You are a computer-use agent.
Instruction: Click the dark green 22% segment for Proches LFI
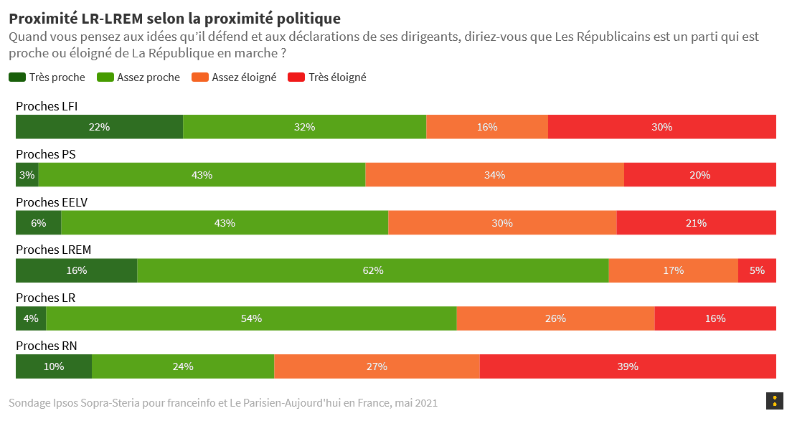pyautogui.click(x=99, y=127)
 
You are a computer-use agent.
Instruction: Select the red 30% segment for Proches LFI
pyautogui.click(x=661, y=127)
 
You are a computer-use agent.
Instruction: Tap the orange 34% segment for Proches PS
pyautogui.click(x=494, y=175)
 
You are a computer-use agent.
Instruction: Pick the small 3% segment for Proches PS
pyautogui.click(x=27, y=175)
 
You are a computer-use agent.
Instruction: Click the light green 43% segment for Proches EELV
pyautogui.click(x=225, y=223)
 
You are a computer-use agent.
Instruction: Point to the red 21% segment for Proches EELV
pyautogui.click(x=696, y=223)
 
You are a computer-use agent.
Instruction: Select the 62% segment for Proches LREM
pyautogui.click(x=373, y=270)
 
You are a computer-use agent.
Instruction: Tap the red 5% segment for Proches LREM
pyautogui.click(x=757, y=270)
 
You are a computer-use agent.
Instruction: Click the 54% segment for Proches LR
pyautogui.click(x=251, y=318)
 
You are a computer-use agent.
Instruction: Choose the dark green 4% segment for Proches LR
pyautogui.click(x=31, y=318)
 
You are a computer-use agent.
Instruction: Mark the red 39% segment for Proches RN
pyautogui.click(x=628, y=366)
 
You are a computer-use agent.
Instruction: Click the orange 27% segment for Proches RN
pyautogui.click(x=377, y=366)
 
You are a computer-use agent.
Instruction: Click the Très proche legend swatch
pyautogui.click(x=17, y=77)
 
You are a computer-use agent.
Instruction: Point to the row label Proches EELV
pyautogui.click(x=52, y=202)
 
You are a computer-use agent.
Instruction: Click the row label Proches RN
pyautogui.click(x=46, y=346)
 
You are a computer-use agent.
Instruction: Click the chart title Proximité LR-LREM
pyautogui.click(x=174, y=18)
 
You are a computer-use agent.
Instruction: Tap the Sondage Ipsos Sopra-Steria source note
pyautogui.click(x=223, y=403)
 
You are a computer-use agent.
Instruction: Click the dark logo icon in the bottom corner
pyautogui.click(x=774, y=401)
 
